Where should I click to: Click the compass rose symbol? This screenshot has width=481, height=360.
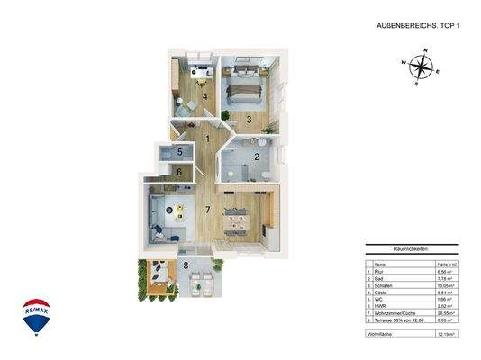click(x=418, y=68)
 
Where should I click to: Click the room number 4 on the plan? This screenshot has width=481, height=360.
click(x=204, y=95)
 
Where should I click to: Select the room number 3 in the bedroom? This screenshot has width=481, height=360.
click(x=249, y=118)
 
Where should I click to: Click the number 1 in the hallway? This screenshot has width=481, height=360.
click(x=208, y=139)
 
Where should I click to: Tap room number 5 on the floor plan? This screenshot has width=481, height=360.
click(x=180, y=152)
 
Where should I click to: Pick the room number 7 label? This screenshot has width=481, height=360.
click(x=206, y=211)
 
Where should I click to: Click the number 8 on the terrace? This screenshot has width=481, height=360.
click(x=186, y=265)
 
